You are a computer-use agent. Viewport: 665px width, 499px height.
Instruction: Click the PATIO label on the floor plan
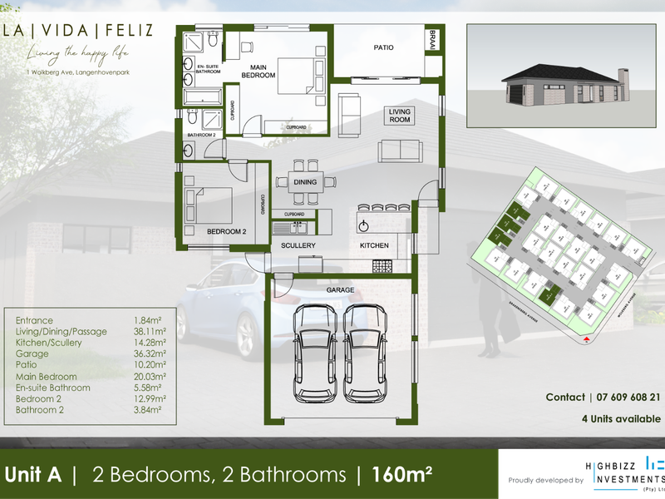click(x=383, y=47)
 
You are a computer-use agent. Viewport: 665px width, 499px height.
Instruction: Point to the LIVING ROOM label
click(x=401, y=116)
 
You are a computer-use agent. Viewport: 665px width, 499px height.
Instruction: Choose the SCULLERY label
click(x=297, y=246)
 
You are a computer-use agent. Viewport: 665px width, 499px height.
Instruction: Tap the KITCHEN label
click(x=374, y=246)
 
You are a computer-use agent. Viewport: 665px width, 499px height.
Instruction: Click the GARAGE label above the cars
click(x=340, y=289)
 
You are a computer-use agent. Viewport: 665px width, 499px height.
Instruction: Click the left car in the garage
click(x=313, y=354)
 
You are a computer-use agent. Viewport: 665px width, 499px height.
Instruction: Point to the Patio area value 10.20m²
click(x=150, y=365)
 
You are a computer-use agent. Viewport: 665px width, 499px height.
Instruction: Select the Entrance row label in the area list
click(x=34, y=320)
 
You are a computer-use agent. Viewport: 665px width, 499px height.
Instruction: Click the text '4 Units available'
click(x=619, y=417)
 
